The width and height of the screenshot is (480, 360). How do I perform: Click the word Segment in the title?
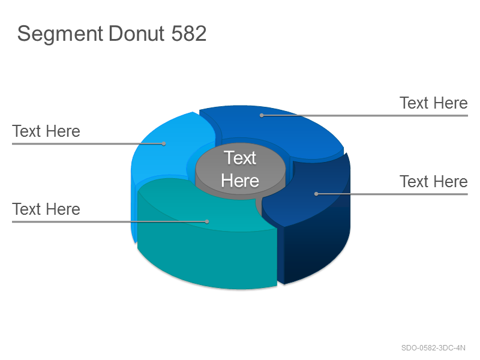(x=60, y=34)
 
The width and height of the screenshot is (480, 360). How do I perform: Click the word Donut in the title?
(x=137, y=33)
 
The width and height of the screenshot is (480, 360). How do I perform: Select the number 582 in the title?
(x=189, y=33)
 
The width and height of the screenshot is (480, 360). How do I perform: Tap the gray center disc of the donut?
(x=241, y=170)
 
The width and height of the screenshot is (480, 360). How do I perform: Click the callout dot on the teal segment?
(x=207, y=221)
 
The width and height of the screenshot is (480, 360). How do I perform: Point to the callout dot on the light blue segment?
(x=164, y=143)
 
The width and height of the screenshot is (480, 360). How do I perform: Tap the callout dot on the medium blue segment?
(x=262, y=115)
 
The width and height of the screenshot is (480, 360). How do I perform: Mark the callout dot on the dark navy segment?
(x=316, y=194)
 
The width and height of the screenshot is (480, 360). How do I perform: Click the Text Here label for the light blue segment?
(x=46, y=131)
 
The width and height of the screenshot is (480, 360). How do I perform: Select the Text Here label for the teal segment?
(x=46, y=209)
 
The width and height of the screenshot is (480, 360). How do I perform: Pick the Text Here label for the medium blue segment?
(x=434, y=103)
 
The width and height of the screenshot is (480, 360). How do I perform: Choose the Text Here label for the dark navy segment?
(x=434, y=182)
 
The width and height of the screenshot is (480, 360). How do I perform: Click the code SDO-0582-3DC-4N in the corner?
(x=433, y=348)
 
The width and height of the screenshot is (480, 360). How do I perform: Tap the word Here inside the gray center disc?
(x=240, y=181)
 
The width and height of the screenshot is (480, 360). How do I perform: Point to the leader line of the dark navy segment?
(x=392, y=194)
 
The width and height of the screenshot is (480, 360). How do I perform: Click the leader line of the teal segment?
(x=110, y=221)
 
